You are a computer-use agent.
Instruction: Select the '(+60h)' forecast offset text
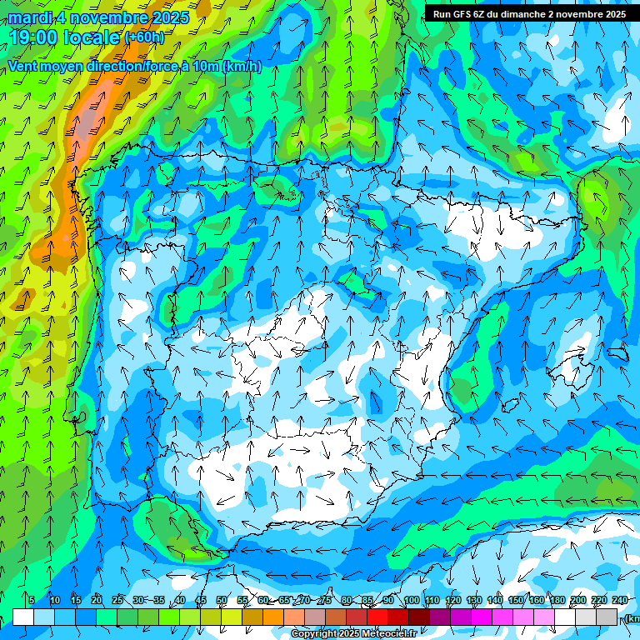point(144,37)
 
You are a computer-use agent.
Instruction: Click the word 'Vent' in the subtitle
point(24,67)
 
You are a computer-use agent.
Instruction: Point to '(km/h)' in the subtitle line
point(242,67)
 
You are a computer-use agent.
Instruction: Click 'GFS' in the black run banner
point(464,14)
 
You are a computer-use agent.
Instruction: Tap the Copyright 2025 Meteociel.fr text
point(353,634)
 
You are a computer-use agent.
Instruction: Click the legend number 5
point(31,600)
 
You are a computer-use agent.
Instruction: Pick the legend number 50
point(222,600)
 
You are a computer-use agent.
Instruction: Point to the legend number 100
point(412,600)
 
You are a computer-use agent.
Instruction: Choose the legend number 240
point(620,600)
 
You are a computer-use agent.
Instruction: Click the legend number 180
point(557,600)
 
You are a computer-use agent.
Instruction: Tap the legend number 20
point(97,600)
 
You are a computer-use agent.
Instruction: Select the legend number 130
point(474,600)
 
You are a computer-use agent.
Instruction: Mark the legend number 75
point(325,600)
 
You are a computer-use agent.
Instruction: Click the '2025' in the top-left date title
point(169,17)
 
